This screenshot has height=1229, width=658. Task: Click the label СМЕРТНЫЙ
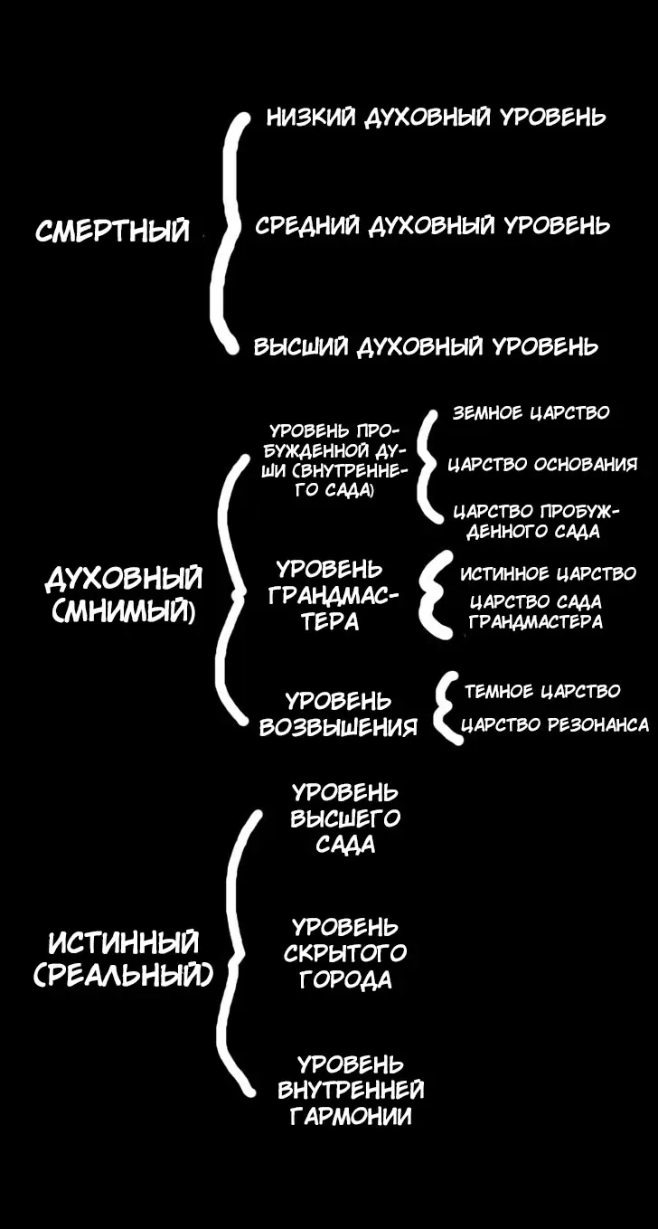(113, 232)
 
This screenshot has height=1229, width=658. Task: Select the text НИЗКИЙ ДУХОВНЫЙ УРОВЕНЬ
(436, 118)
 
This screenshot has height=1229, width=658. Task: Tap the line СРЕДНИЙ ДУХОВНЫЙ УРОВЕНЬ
(432, 226)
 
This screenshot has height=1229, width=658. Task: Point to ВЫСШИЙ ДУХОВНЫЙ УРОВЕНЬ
(425, 347)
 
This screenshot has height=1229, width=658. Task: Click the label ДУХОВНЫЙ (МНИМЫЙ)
(124, 596)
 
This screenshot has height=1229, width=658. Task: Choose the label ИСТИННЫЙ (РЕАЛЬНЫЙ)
(124, 960)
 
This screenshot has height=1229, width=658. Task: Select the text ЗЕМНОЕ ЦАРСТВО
(531, 413)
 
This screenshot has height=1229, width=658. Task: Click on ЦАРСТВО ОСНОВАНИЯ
(542, 465)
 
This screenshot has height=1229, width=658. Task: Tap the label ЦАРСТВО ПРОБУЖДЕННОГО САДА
(536, 522)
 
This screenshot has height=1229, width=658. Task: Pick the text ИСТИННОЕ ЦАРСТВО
(548, 574)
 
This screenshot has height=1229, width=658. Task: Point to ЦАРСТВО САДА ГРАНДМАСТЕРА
(536, 611)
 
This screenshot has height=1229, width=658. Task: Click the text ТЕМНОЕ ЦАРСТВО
(542, 692)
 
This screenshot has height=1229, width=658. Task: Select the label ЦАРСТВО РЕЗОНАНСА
(555, 725)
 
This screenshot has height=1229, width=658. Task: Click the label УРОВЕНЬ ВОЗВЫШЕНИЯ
(338, 714)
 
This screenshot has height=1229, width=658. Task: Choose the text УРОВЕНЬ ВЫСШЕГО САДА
(345, 818)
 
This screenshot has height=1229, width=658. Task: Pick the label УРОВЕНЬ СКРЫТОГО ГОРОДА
(345, 953)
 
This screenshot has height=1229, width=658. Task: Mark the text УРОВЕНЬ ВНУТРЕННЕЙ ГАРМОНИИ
(351, 1090)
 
